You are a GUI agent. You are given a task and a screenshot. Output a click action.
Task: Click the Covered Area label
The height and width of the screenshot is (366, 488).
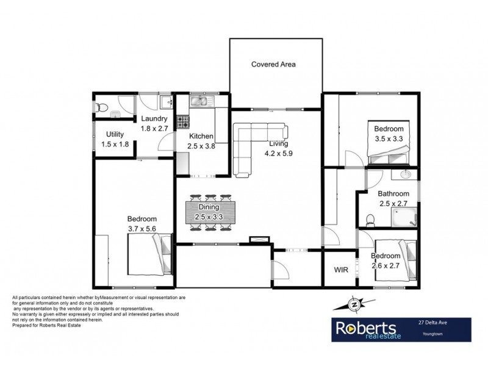274,63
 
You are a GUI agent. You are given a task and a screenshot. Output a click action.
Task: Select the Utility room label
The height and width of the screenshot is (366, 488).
115,134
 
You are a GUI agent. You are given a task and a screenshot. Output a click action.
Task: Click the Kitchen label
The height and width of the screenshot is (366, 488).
201,136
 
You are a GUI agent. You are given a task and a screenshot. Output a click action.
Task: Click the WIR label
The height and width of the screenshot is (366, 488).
340,269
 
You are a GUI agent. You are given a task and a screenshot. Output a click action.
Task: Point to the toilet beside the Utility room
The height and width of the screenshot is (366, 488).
102,107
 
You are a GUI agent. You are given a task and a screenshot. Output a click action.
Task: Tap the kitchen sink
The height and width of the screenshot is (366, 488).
199,101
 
